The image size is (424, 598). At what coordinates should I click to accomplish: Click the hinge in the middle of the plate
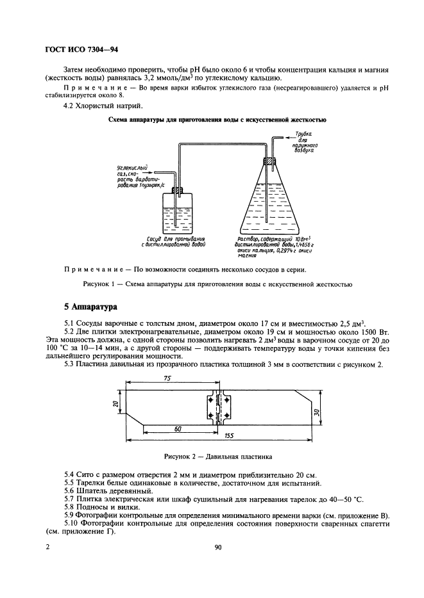click(x=219, y=408)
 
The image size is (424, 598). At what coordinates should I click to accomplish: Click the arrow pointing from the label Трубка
click(x=286, y=137)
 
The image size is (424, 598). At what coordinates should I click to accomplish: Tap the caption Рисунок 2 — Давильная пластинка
click(x=218, y=457)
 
